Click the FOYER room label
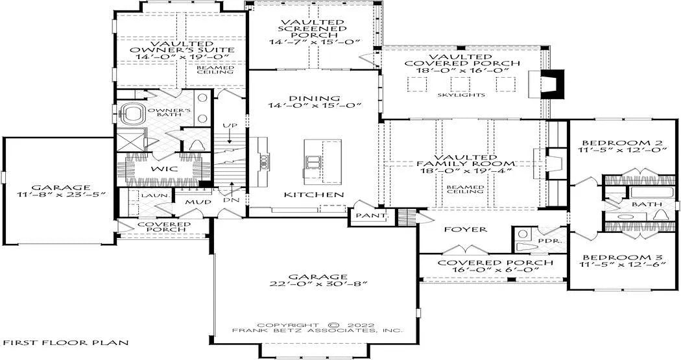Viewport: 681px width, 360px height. click(466, 229)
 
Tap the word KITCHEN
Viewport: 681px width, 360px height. click(314, 195)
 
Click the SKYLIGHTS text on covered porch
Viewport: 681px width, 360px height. click(460, 95)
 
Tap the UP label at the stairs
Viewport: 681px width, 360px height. click(230, 126)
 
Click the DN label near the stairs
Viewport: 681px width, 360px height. click(229, 200)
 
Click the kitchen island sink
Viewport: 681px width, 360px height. click(313, 162)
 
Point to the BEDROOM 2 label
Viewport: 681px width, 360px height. click(622, 143)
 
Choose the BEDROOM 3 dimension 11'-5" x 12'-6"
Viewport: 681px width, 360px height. click(623, 264)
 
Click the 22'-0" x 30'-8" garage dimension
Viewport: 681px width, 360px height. click(318, 283)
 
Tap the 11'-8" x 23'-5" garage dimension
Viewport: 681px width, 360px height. click(61, 195)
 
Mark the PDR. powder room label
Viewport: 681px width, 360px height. click(544, 240)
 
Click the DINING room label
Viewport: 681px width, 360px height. click(315, 99)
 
